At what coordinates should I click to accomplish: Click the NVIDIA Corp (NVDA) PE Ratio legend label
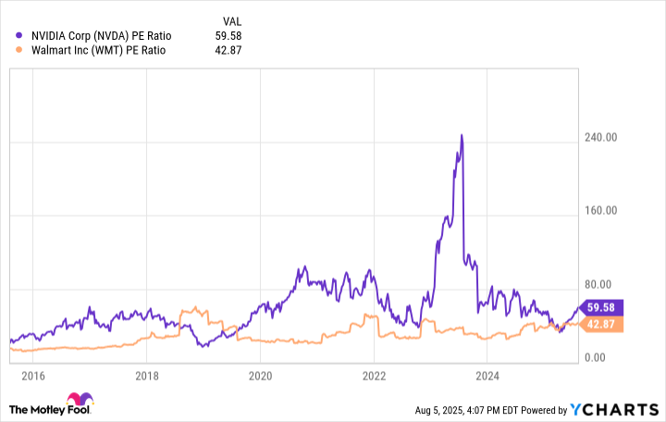(x=107, y=36)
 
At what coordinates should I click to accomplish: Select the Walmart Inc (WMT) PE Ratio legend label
(x=99, y=50)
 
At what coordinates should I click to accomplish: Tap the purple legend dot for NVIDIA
(x=20, y=36)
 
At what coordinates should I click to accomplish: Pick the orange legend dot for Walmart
(x=20, y=50)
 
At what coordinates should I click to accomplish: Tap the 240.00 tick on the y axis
(x=607, y=138)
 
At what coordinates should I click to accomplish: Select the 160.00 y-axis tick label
(x=607, y=211)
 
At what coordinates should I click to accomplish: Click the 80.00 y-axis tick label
(x=610, y=284)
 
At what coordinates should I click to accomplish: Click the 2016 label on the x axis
(x=32, y=376)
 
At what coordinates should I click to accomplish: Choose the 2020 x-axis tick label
(x=260, y=376)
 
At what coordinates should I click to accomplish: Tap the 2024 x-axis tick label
(x=487, y=376)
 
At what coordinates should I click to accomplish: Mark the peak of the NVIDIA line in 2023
(x=461, y=136)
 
